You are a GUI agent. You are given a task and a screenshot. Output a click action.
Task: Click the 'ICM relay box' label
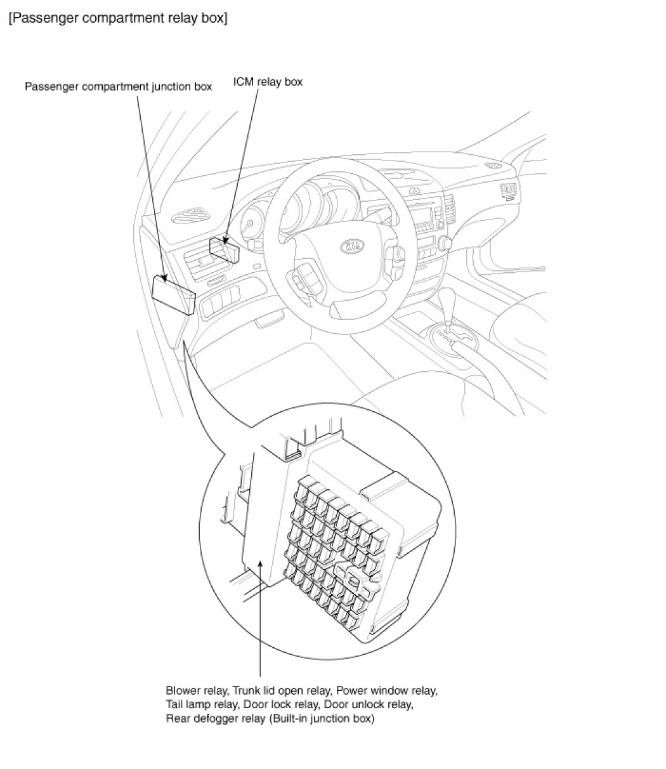click(x=268, y=82)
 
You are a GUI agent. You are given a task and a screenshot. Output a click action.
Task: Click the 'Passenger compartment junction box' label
click(x=118, y=86)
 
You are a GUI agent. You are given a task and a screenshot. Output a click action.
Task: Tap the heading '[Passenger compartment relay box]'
click(x=118, y=18)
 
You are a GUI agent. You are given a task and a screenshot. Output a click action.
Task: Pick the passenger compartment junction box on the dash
click(x=173, y=293)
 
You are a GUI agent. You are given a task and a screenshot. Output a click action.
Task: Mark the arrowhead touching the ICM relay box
click(x=226, y=243)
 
